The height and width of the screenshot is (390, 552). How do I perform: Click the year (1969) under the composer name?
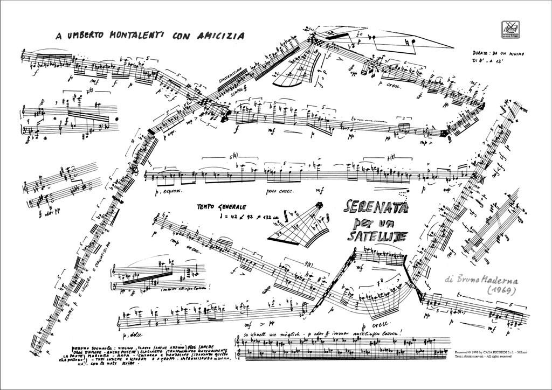(499, 290)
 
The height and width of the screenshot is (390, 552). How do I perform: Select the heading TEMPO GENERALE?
(222, 207)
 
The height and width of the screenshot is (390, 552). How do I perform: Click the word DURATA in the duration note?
(479, 54)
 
